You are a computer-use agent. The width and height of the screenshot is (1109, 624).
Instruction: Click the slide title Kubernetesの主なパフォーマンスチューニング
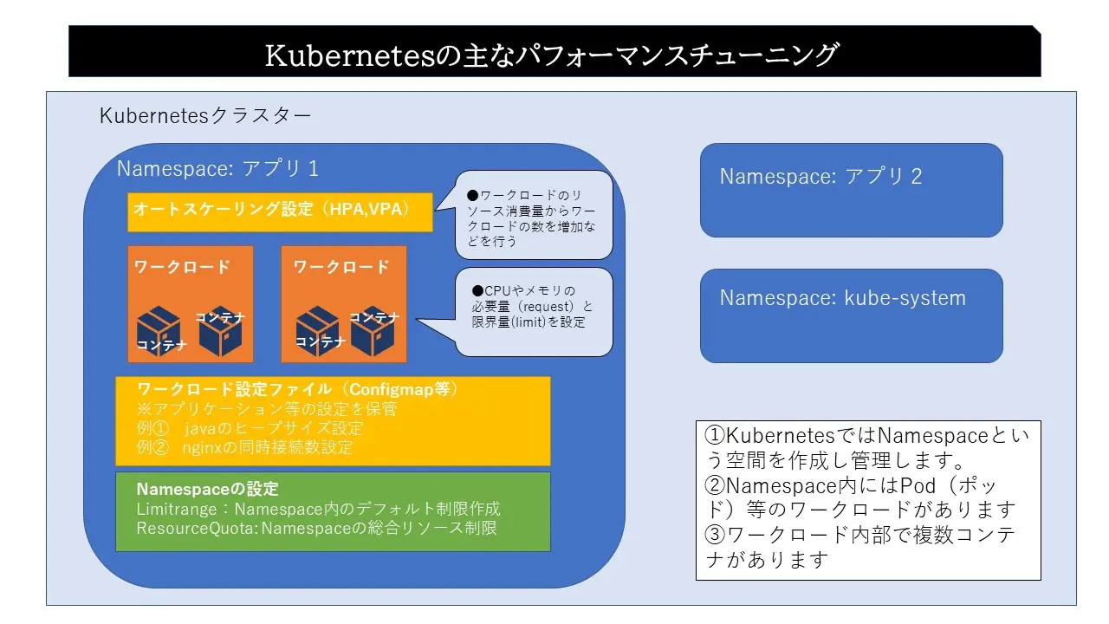click(x=552, y=54)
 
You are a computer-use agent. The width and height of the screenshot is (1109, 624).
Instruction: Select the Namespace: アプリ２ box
click(x=851, y=190)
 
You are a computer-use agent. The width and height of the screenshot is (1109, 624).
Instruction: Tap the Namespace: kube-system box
click(x=851, y=315)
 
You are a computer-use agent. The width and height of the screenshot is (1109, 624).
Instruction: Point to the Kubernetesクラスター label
click(x=205, y=115)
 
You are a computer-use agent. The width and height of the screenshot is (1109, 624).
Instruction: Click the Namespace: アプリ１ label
click(x=218, y=168)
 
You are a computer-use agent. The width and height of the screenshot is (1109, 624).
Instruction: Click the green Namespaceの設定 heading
click(x=207, y=489)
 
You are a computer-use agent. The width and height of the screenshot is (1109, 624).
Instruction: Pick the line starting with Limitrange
click(x=318, y=508)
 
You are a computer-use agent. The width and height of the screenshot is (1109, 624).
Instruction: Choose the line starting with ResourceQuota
click(x=316, y=527)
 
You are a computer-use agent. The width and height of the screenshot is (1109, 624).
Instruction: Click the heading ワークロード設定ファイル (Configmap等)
click(x=297, y=390)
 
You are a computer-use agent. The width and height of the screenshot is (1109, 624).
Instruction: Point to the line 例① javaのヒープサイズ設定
click(x=250, y=428)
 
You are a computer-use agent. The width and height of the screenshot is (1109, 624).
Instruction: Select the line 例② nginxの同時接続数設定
click(x=244, y=447)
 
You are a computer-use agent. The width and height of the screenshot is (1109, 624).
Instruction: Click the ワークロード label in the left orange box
click(x=182, y=267)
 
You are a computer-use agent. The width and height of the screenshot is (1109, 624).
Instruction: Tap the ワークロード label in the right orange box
click(x=341, y=267)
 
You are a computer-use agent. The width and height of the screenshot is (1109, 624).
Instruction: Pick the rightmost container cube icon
click(x=373, y=330)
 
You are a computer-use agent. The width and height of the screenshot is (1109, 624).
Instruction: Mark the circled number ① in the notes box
click(x=715, y=436)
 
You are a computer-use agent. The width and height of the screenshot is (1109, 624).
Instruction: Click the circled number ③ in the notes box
click(x=715, y=535)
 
